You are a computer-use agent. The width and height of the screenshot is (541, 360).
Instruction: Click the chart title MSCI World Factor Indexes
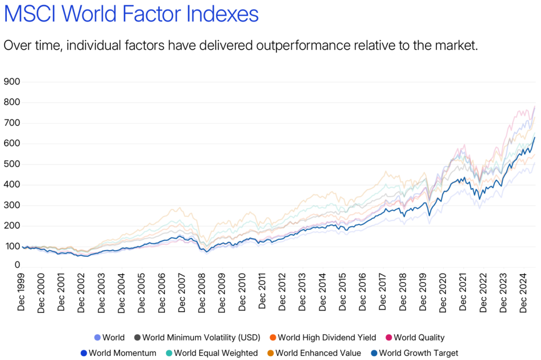coord(131,14)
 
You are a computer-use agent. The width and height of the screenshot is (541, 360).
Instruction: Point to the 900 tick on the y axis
coord(12,82)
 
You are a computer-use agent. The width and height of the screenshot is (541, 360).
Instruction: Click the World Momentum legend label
coord(123,353)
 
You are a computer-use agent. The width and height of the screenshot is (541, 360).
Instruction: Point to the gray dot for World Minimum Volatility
coord(137,338)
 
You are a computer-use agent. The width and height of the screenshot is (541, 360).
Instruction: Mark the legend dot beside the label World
coord(97,338)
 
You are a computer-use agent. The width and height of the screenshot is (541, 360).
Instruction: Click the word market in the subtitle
coord(457,45)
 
